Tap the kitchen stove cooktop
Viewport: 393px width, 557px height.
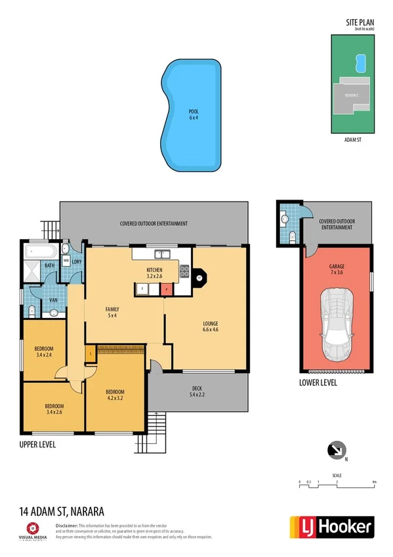click(184, 269)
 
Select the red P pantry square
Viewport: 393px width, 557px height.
click(167, 288)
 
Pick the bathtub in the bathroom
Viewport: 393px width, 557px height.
click(41, 251)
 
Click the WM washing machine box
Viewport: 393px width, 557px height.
click(66, 261)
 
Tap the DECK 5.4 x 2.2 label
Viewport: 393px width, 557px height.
click(197, 392)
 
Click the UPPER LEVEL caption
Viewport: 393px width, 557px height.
click(37, 445)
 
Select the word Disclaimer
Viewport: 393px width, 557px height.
click(67, 525)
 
